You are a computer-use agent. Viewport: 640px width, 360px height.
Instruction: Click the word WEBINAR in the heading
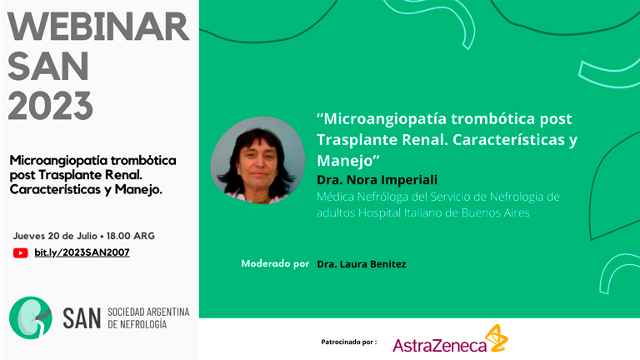[98, 27]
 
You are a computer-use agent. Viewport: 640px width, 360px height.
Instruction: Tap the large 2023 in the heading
[51, 105]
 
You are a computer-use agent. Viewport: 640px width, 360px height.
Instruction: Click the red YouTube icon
[20, 253]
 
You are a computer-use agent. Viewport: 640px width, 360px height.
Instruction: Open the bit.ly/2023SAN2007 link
[82, 252]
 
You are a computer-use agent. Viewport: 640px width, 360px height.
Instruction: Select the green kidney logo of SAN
[31, 317]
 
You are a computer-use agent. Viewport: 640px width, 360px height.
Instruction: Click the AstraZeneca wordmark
[440, 346]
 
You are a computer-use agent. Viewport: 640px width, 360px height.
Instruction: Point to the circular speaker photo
[257, 160]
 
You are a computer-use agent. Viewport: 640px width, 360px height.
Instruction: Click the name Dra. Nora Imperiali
[377, 180]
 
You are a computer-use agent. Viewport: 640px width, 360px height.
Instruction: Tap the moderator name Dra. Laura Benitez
[362, 264]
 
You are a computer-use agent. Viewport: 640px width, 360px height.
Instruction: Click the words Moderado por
[275, 263]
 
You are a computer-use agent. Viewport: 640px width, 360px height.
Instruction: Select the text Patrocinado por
[349, 342]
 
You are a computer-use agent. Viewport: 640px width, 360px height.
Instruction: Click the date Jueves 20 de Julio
[55, 236]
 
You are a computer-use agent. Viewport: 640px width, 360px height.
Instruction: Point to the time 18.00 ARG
[131, 236]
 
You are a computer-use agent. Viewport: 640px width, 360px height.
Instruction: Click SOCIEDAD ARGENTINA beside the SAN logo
[148, 312]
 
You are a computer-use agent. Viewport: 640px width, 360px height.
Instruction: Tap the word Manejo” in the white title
[348, 160]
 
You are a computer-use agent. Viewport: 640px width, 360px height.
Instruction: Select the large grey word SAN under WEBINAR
[48, 66]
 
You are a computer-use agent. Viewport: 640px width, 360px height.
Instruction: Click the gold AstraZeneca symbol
[498, 338]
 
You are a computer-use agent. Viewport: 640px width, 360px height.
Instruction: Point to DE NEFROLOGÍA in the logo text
[137, 324]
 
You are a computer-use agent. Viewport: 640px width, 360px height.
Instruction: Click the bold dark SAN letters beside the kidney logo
[82, 319]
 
